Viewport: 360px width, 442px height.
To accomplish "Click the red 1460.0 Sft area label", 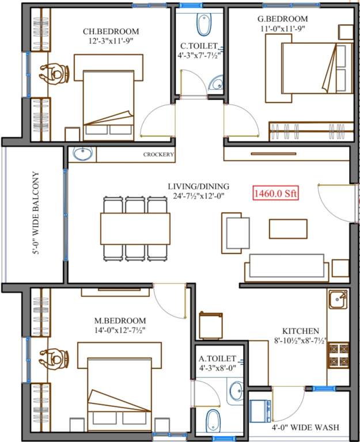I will tap(275, 194).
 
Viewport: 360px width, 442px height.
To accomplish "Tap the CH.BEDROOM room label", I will tap(111, 32).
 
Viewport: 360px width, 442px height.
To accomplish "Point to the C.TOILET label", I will tap(199, 45).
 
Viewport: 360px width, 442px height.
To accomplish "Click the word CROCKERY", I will tap(159, 155).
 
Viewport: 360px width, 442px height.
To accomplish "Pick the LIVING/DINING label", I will tap(198, 186).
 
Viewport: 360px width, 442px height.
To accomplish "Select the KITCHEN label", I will tap(301, 331).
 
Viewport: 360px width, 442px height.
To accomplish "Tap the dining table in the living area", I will tap(135, 228).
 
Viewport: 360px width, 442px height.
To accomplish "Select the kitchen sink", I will tap(338, 299).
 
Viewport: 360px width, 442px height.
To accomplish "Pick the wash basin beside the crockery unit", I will tap(83, 154).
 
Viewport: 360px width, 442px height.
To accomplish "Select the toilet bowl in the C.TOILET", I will tap(204, 24).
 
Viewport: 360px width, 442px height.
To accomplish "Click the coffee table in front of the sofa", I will tap(288, 228).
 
